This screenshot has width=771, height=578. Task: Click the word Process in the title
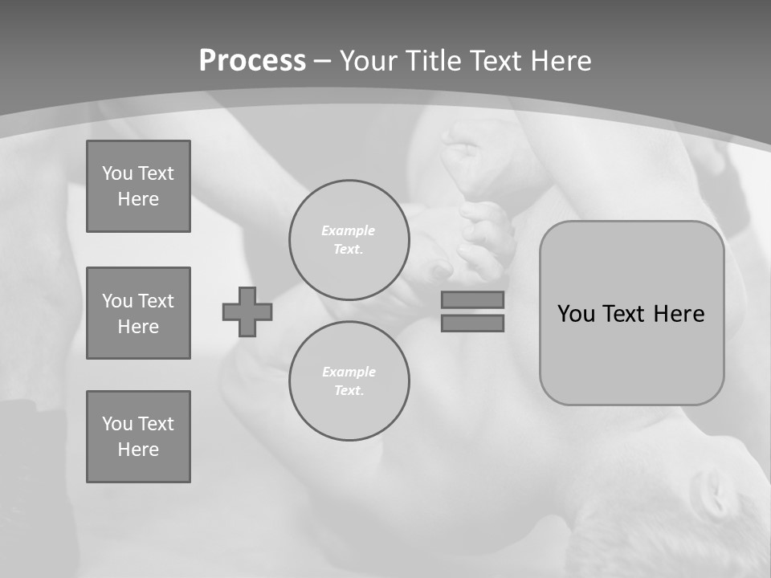coord(252,61)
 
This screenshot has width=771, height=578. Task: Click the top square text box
coord(138,186)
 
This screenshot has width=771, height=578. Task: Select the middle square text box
coord(138,313)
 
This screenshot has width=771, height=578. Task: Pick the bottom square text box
coord(138,437)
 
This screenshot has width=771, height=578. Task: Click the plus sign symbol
coord(247,311)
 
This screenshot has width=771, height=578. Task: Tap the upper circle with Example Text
coord(349,240)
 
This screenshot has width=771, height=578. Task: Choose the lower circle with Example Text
coord(349,381)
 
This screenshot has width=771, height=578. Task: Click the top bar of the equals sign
coord(472,299)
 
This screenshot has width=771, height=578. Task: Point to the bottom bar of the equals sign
coord(472,323)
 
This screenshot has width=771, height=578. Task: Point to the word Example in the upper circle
coord(348,230)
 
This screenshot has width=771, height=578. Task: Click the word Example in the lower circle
coord(349,372)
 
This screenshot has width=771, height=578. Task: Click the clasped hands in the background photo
coord(474,233)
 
